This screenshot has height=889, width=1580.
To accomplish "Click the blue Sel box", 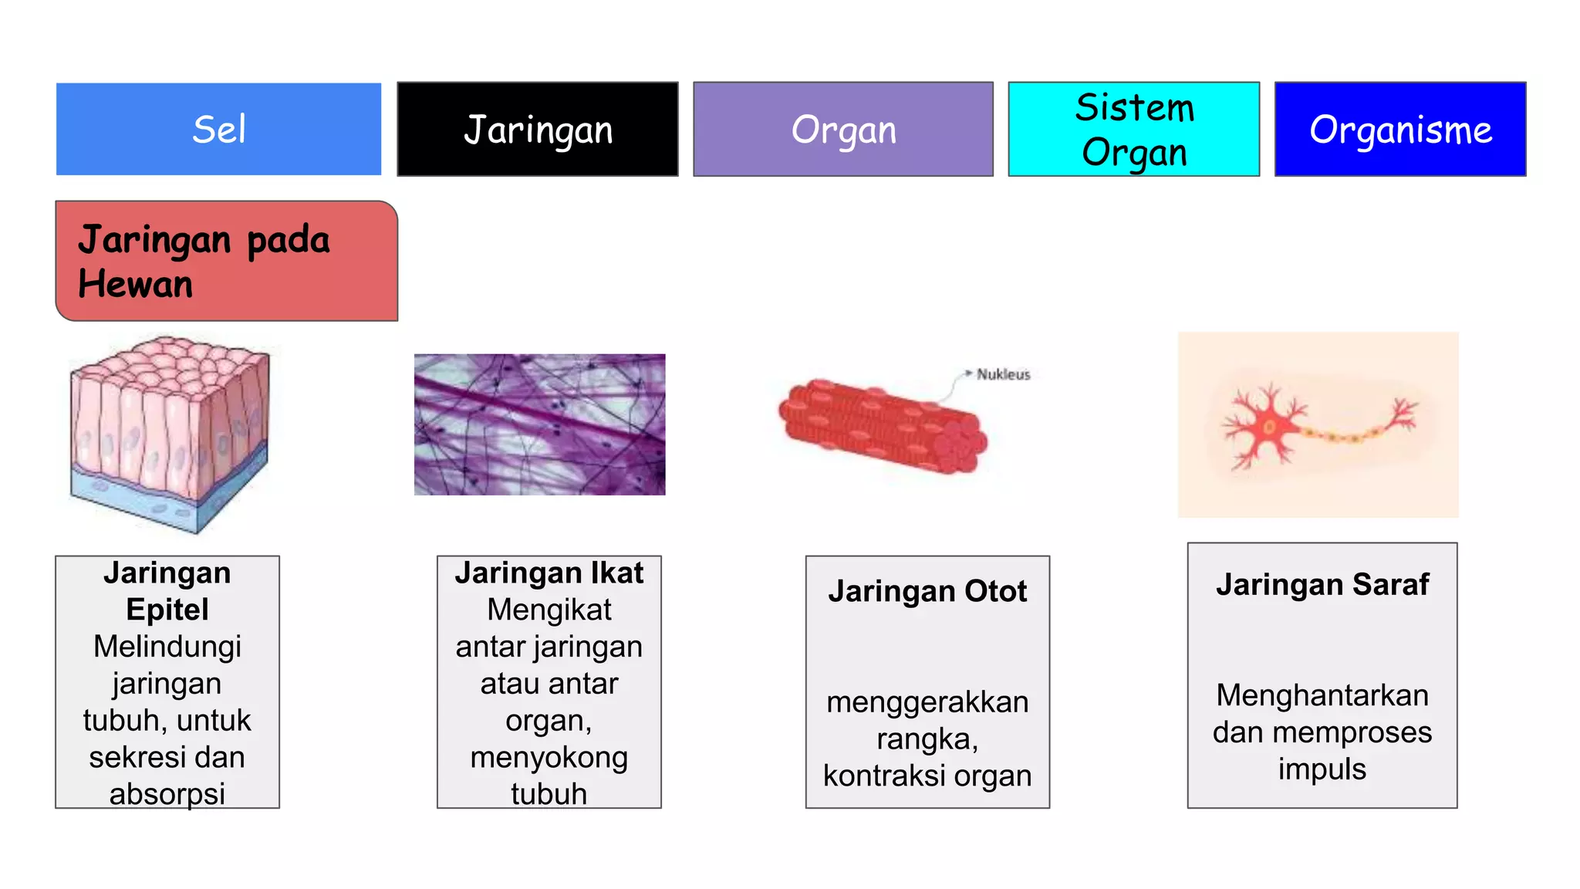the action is pyautogui.click(x=218, y=129).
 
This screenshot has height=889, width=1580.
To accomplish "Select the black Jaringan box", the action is pyautogui.click(x=538, y=129).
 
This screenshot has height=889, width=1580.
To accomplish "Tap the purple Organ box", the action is pyautogui.click(x=843, y=129).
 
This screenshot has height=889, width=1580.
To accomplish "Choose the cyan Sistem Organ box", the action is pyautogui.click(x=1133, y=129).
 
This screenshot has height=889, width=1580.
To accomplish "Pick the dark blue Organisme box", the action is pyautogui.click(x=1399, y=129).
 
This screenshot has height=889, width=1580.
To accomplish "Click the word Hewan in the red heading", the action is pyautogui.click(x=136, y=284).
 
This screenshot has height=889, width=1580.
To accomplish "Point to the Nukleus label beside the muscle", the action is pyautogui.click(x=1003, y=374).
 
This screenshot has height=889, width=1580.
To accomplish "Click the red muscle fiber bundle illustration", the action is pyautogui.click(x=882, y=425).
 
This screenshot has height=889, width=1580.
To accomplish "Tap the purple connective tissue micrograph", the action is pyautogui.click(x=539, y=424).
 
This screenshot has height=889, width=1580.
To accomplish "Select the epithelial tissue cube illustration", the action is pyautogui.click(x=170, y=432).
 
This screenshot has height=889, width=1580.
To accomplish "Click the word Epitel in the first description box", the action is pyautogui.click(x=167, y=610).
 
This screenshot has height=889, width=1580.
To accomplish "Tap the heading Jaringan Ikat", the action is pyautogui.click(x=549, y=573).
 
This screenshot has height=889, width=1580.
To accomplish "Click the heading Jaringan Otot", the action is pyautogui.click(x=927, y=591).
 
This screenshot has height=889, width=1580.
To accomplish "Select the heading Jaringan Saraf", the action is pyautogui.click(x=1322, y=584).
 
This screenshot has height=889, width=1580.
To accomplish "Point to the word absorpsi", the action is pyautogui.click(x=167, y=793).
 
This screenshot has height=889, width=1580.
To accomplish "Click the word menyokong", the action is pyautogui.click(x=549, y=757).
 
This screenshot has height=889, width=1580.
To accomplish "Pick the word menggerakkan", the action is pyautogui.click(x=927, y=702).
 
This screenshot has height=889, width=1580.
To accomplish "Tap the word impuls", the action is pyautogui.click(x=1322, y=769).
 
